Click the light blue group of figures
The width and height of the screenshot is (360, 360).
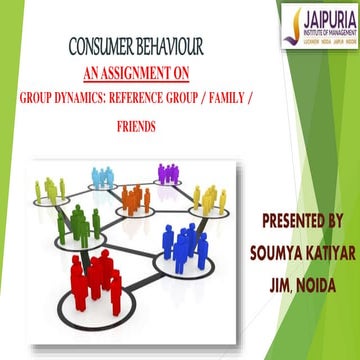[105, 177]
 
